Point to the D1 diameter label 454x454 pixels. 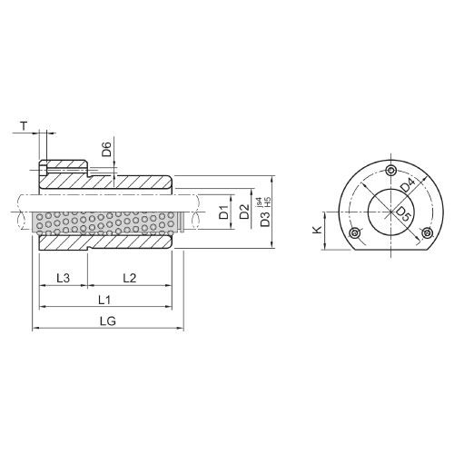(x=223, y=214)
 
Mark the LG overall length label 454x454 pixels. (x=107, y=321)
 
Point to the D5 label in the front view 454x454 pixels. (x=402, y=215)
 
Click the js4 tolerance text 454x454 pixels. (x=261, y=202)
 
